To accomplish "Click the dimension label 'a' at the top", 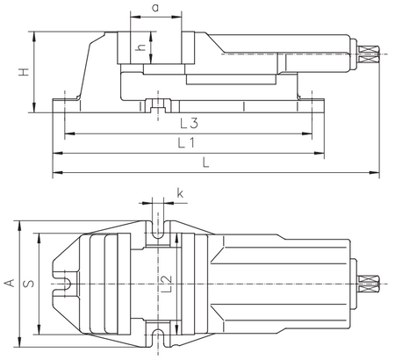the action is [x=155, y=8].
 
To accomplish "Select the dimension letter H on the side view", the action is [x=24, y=72].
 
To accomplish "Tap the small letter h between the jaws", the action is [x=141, y=47].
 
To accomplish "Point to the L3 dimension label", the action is [x=189, y=123].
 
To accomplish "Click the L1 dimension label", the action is [x=186, y=143].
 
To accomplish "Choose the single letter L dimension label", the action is [x=206, y=162].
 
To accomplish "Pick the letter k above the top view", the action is [x=180, y=193].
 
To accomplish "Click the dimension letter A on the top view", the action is [x=10, y=283].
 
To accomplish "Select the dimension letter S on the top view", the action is [x=29, y=284].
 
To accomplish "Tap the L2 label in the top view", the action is [x=167, y=284].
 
